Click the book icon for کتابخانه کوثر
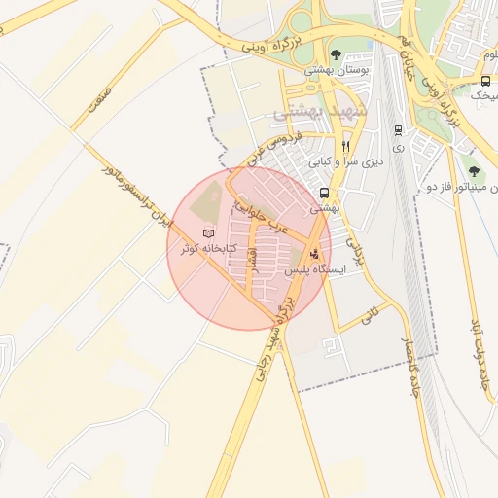tap(206, 232)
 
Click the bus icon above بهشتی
tap(324, 192)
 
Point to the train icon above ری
tap(398, 129)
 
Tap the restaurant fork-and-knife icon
tap(345, 147)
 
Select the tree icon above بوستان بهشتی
tap(337, 54)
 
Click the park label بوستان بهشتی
tap(337, 71)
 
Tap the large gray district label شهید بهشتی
tap(310, 113)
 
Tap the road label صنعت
tap(98, 97)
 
